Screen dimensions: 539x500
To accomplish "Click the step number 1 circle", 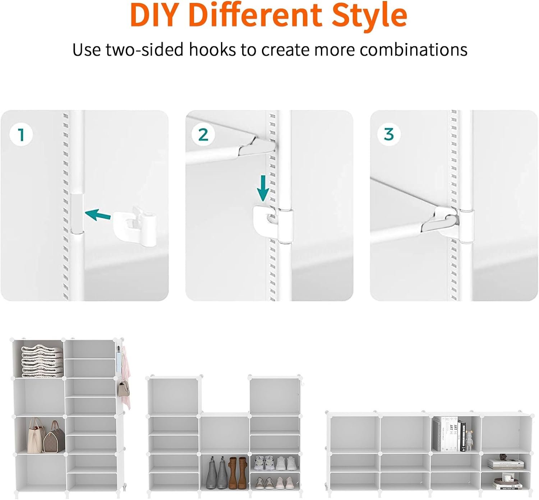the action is coord(21,135).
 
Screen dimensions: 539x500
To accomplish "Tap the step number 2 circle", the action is coord(203,135).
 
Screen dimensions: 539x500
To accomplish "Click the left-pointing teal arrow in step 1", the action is coord(98,214).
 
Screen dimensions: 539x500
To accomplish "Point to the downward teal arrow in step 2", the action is coord(263,188).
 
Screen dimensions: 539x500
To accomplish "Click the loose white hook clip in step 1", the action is coord(135,227).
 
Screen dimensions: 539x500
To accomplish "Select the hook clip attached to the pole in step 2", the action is coord(273,222).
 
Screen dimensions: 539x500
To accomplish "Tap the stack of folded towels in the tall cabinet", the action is coord(42,361).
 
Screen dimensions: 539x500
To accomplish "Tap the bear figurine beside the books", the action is coord(470,440).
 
